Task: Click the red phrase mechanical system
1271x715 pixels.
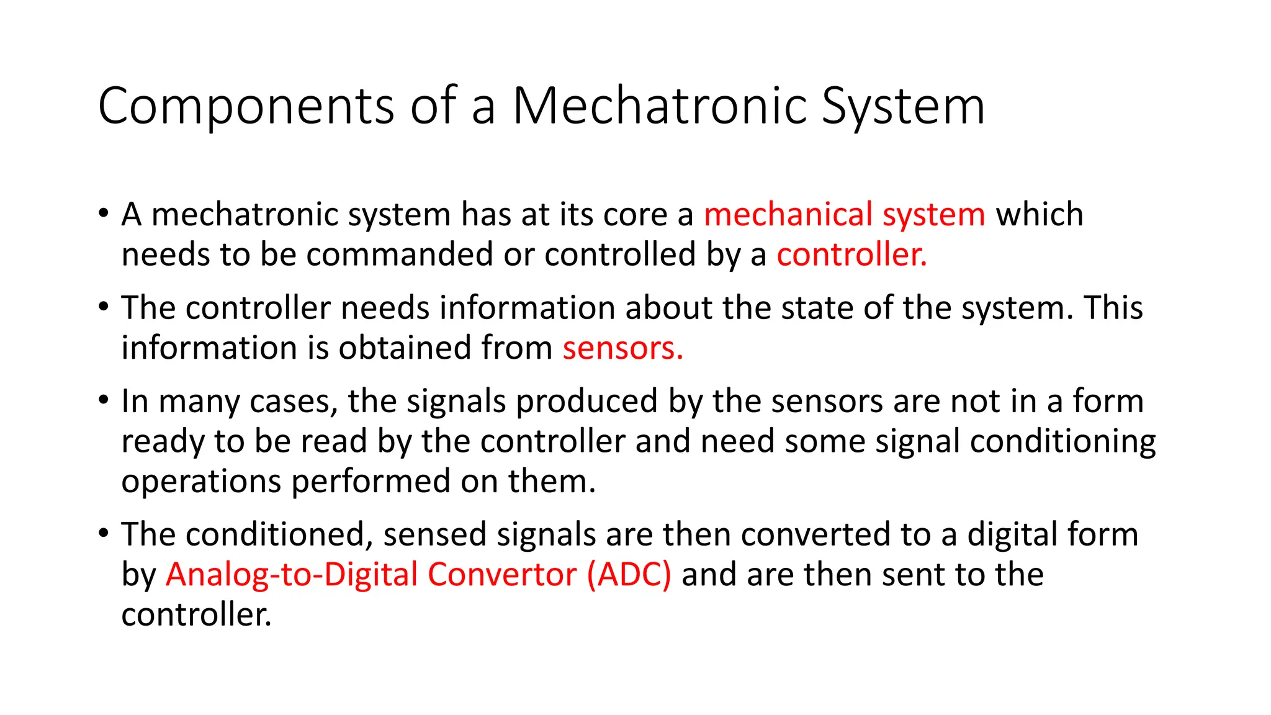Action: pos(844,215)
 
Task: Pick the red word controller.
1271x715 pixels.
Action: pos(851,255)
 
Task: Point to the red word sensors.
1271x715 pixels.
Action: pos(622,348)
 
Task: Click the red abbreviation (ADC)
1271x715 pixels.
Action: pos(629,575)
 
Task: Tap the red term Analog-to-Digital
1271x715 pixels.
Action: pos(291,575)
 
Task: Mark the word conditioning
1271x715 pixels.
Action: pos(1062,442)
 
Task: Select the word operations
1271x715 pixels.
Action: pos(201,482)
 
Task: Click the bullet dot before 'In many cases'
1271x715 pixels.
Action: pos(104,400)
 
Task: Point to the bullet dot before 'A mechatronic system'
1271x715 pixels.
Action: pos(104,213)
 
